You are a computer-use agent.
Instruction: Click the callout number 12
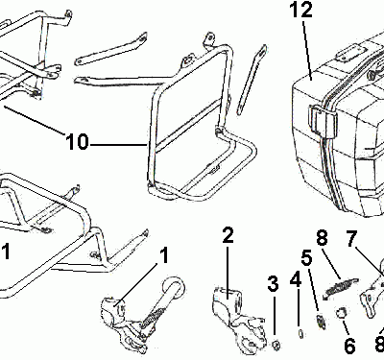pyautogui.click(x=301, y=11)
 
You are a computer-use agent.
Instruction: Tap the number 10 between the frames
pyautogui.click(x=77, y=142)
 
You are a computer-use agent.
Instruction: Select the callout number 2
pyautogui.click(x=228, y=236)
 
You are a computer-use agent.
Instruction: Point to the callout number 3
pyautogui.click(x=273, y=283)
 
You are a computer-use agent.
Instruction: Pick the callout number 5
pyautogui.click(x=307, y=257)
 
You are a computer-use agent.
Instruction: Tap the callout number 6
pyautogui.click(x=349, y=346)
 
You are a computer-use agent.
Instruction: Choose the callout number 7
pyautogui.click(x=351, y=238)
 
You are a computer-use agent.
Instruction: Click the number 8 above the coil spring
pyautogui.click(x=322, y=238)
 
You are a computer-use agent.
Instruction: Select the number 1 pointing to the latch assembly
pyautogui.click(x=164, y=256)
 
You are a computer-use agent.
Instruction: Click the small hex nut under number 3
pyautogui.click(x=276, y=345)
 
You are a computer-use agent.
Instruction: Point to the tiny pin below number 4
pyautogui.click(x=300, y=334)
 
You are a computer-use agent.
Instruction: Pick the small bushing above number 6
pyautogui.click(x=342, y=313)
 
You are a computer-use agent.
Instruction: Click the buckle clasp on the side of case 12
pyautogui.click(x=323, y=119)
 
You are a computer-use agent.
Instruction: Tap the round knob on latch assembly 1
pyautogui.click(x=175, y=287)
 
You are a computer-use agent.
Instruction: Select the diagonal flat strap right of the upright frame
pyautogui.click(x=252, y=80)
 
